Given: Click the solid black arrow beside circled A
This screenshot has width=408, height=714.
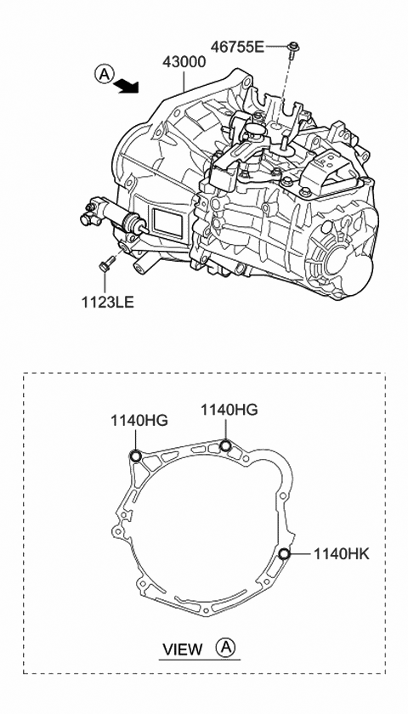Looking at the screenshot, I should pyautogui.click(x=127, y=84).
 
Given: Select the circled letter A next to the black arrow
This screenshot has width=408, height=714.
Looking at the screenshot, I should pyautogui.click(x=103, y=75).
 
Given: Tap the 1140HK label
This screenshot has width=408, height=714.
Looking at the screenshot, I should pyautogui.click(x=342, y=553).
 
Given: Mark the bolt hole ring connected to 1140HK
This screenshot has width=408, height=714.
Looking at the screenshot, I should pyautogui.click(x=284, y=555).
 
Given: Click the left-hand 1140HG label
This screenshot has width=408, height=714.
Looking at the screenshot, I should pyautogui.click(x=139, y=419).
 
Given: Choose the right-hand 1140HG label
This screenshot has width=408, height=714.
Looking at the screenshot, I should pyautogui.click(x=229, y=410).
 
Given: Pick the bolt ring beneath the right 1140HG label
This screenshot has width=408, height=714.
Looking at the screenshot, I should pyautogui.click(x=225, y=447).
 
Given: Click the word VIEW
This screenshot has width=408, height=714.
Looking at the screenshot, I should pyautogui.click(x=182, y=650).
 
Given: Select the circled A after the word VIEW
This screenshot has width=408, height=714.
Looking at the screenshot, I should pyautogui.click(x=225, y=649).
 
